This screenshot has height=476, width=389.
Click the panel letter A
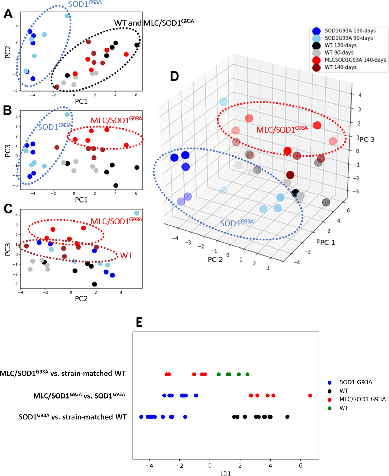click(8, 14)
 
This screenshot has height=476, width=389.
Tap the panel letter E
click(139, 322)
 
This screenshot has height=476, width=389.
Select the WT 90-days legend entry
click(339, 53)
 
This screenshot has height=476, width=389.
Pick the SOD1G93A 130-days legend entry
click(350, 31)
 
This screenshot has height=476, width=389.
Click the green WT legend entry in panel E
click(343, 408)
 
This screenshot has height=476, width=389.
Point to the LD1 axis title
click(225, 473)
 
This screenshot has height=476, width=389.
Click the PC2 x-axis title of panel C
click(81, 298)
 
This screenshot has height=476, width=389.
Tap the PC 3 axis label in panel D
click(367, 140)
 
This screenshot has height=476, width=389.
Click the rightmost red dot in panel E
click(310, 395)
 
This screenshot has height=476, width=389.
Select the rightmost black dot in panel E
click(287, 417)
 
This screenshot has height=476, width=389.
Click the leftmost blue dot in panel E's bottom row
click(141, 417)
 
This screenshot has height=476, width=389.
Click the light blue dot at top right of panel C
click(136, 213)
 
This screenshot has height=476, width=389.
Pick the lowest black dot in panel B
click(116, 185)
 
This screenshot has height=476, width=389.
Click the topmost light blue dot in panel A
click(67, 16)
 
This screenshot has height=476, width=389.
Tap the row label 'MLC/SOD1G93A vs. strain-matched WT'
click(63, 373)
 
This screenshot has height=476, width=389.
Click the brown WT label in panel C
click(126, 256)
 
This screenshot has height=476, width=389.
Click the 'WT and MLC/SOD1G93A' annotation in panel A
click(154, 23)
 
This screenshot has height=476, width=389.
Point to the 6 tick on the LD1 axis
click(301, 465)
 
